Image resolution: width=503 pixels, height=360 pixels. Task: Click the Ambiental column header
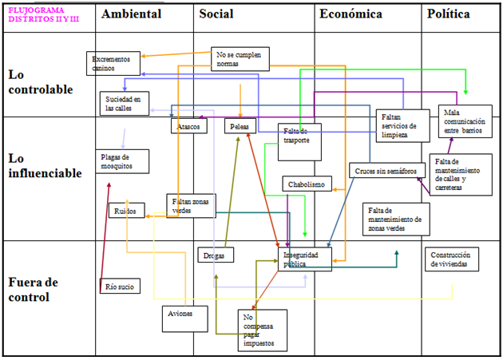132,14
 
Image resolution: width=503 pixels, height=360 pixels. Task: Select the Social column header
216,14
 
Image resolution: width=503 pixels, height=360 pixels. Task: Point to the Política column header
448,14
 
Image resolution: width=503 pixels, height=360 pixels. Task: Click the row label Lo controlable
41,81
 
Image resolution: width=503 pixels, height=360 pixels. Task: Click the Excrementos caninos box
113,63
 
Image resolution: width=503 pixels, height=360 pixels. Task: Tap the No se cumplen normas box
240,59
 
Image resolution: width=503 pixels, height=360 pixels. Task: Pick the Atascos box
189,126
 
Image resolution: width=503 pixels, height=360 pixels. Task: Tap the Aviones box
180,314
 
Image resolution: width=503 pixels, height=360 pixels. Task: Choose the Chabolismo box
307,184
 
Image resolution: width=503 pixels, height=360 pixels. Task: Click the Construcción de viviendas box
453,259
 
